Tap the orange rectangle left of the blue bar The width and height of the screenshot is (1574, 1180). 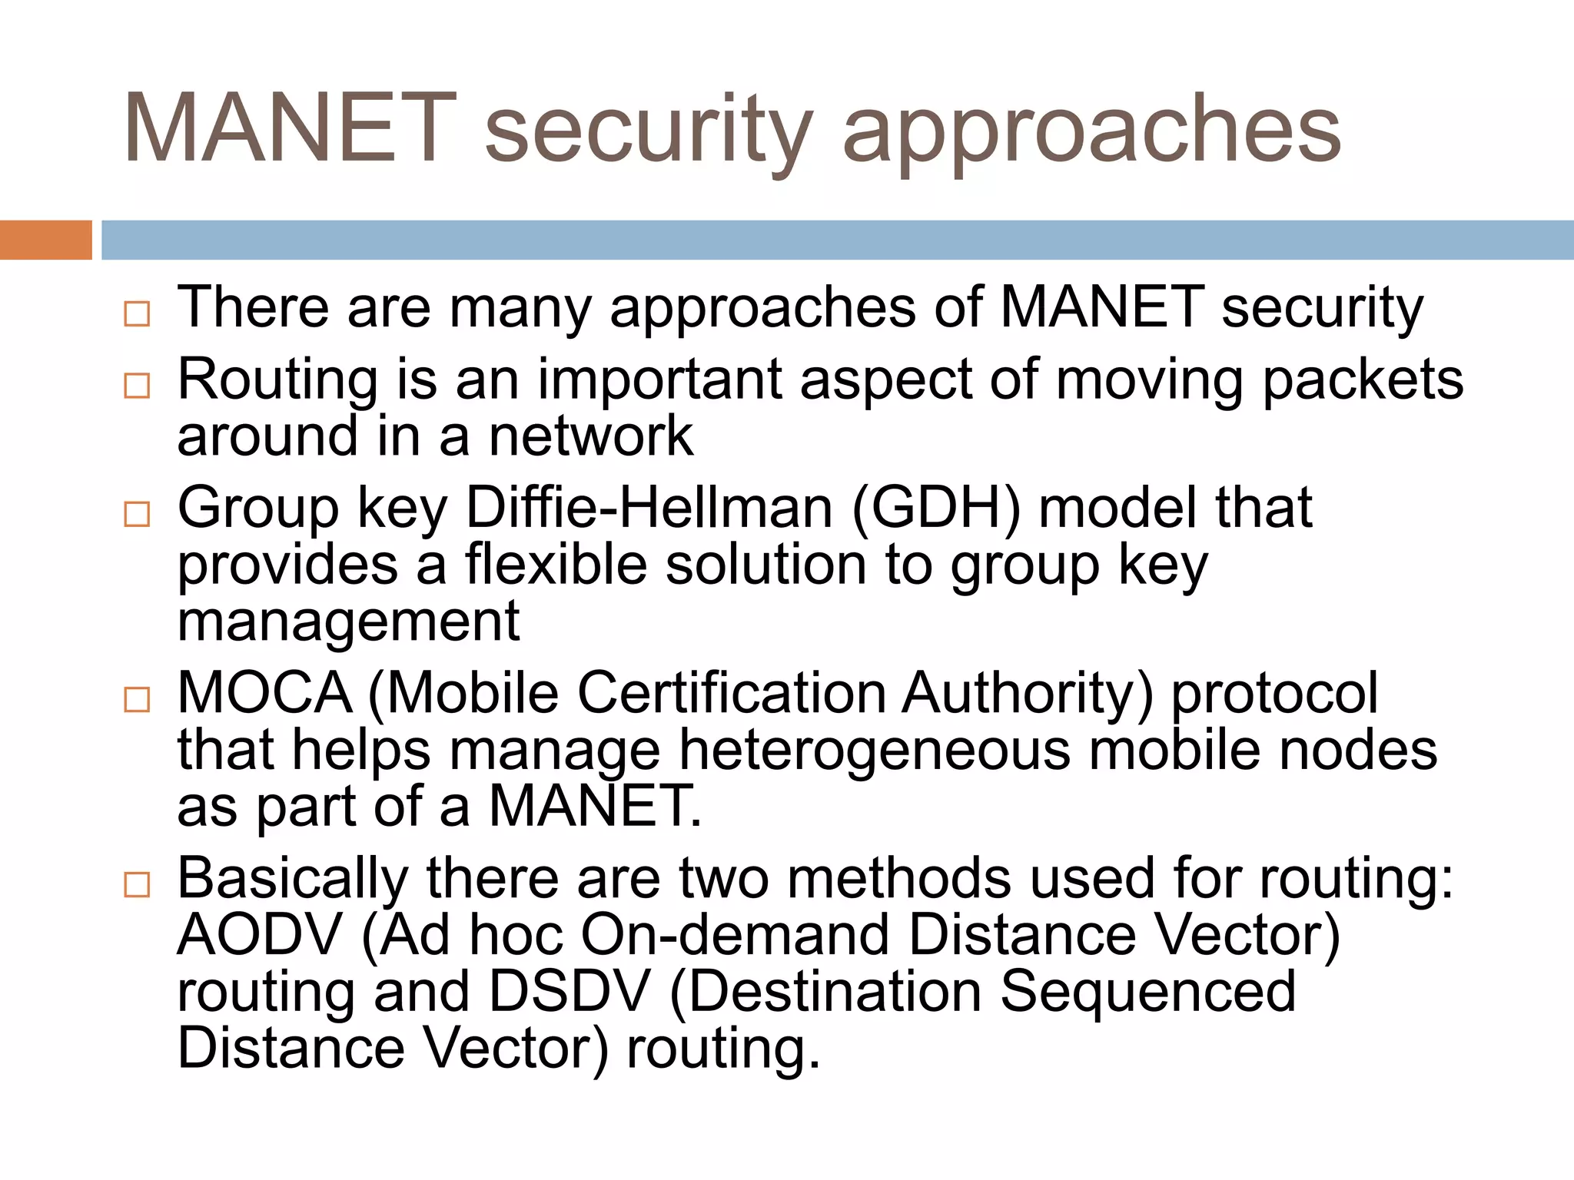click(45, 240)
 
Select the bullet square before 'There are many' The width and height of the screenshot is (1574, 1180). click(137, 313)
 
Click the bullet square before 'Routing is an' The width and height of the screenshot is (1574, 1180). click(137, 385)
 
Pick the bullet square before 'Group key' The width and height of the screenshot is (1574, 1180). click(137, 513)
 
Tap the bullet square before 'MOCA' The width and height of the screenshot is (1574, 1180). click(137, 699)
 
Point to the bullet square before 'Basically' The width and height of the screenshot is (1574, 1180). click(137, 884)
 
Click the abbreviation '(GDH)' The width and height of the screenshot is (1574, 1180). click(936, 509)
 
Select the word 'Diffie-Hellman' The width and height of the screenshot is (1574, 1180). click(649, 509)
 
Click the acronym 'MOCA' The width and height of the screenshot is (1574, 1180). click(265, 694)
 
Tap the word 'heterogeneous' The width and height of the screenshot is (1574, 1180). click(875, 751)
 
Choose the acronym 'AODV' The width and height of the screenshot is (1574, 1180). click(260, 936)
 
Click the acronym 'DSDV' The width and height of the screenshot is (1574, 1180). click(569, 992)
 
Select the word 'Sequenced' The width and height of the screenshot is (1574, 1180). click(1148, 992)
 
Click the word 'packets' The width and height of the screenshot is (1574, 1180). click(1363, 381)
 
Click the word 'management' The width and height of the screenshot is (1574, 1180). click(348, 622)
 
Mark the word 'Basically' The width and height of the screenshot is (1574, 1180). click(293, 880)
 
